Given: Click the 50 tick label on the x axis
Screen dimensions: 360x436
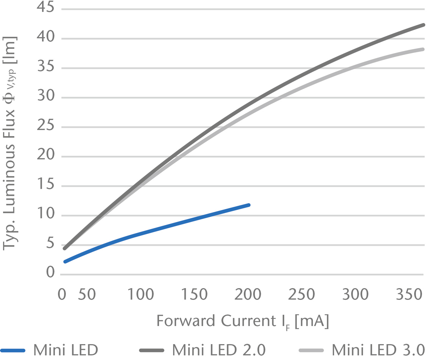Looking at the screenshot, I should [x=87, y=295].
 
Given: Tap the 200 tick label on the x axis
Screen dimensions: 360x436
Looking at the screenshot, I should [x=248, y=295].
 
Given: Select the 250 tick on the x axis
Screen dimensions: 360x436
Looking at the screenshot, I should [x=302, y=295].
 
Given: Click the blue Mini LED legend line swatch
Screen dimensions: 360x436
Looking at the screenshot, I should [x=13, y=350].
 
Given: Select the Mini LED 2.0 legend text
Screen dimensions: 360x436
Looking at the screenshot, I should [x=219, y=350].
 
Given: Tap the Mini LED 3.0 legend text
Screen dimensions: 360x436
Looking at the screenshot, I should [x=378, y=350].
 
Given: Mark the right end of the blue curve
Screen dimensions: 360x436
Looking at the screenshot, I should [x=249, y=205].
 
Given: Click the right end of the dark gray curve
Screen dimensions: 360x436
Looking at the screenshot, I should [x=423, y=25].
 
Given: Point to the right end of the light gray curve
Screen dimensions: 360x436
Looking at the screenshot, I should [x=423, y=49].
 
